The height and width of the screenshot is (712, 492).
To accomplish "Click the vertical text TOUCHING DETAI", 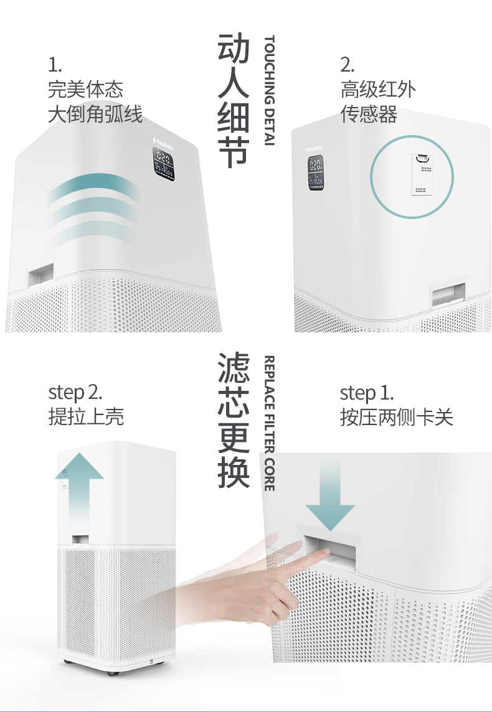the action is coord(269,91).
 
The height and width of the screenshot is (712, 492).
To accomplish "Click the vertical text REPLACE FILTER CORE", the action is coord(269,423).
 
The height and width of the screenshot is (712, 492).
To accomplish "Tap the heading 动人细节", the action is coord(234,101).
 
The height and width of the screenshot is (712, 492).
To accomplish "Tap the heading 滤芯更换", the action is coord(234,421).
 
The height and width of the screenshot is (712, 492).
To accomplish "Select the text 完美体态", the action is coord(85,90).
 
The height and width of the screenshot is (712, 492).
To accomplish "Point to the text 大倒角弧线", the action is coord(95,115).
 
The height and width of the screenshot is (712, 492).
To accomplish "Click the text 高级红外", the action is coord(377,90).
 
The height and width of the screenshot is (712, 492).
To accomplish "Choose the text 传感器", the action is coord(368,115).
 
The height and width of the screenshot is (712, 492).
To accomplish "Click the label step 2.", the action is coord(75,393).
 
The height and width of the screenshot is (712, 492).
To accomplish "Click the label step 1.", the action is coord(366,393).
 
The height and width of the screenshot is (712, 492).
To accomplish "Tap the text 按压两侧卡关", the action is coord(396,417).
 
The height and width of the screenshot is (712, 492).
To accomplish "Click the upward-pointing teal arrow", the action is coord(79,485).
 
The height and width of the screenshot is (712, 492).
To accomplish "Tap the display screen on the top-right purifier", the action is coord(315,172).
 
